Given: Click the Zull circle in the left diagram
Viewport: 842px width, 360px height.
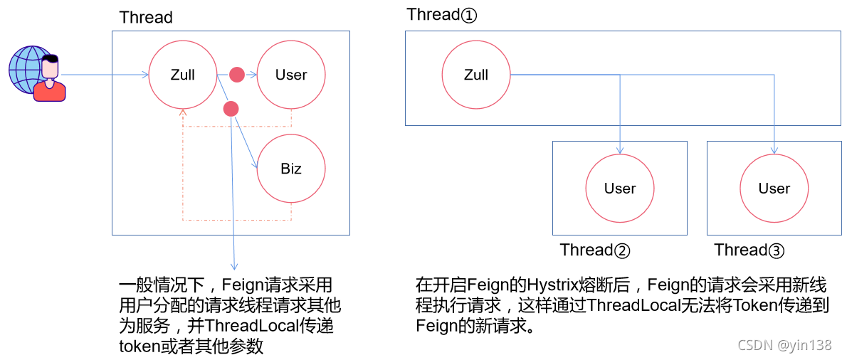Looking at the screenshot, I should [x=182, y=75].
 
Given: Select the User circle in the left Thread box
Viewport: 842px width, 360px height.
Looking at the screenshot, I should [x=290, y=75].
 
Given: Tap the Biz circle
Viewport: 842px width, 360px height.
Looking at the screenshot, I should [x=290, y=169].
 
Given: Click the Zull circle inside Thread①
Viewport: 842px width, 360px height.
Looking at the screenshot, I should [x=475, y=75].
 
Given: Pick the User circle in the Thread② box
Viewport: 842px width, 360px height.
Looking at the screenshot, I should [x=619, y=189].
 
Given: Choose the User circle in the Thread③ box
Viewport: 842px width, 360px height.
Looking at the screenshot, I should [x=774, y=189].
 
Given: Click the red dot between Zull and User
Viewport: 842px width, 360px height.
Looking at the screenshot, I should [x=236, y=74].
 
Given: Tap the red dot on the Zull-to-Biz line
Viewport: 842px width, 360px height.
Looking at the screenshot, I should [x=230, y=109].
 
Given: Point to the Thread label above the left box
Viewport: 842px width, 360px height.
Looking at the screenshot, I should [x=146, y=18].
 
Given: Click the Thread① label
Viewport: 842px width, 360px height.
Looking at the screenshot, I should [x=441, y=15].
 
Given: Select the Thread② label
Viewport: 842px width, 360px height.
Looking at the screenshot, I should [x=595, y=250].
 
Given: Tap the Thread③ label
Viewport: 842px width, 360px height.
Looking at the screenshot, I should [x=749, y=250].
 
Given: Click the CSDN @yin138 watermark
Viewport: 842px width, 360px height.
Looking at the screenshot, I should [x=784, y=346].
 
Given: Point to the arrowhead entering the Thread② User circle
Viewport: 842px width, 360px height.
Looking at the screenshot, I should [x=620, y=151].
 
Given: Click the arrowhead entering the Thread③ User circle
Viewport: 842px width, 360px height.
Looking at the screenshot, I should [x=774, y=151].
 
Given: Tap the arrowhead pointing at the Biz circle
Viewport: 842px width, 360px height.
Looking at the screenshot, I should [x=254, y=165].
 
